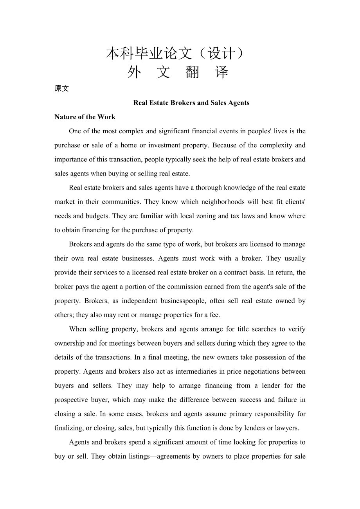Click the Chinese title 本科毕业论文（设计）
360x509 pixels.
(177, 54)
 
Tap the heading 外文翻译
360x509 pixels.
(178, 72)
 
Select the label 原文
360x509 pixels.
(61, 89)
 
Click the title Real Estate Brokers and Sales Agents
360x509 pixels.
(191, 103)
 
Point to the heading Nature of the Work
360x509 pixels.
(85, 117)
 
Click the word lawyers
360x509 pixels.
(287, 428)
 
